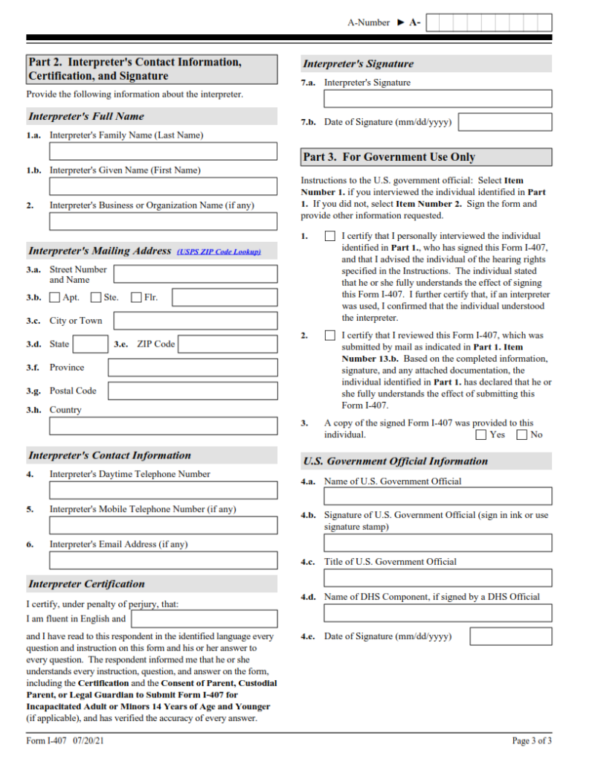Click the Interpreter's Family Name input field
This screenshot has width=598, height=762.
click(163, 152)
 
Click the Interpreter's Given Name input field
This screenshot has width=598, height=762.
click(163, 186)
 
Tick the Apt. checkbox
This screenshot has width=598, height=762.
click(54, 298)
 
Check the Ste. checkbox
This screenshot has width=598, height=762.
click(95, 298)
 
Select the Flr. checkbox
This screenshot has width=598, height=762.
click(136, 298)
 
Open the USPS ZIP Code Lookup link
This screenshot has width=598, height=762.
click(219, 252)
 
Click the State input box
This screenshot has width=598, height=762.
click(91, 344)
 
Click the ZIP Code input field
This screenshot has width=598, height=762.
click(228, 344)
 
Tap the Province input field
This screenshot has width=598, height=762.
click(192, 368)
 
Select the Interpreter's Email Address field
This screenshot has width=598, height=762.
click(163, 560)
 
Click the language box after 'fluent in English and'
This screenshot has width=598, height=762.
click(204, 618)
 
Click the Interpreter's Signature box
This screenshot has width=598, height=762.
click(437, 98)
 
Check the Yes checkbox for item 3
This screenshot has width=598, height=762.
click(480, 435)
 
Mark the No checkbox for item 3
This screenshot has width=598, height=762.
click(521, 435)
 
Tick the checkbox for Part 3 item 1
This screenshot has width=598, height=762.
click(330, 236)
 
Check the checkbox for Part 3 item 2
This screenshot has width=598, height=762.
click(330, 336)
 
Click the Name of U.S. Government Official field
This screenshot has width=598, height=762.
click(437, 496)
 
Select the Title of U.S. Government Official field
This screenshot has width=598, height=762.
click(437, 577)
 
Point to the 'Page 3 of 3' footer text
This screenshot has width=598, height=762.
click(532, 740)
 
